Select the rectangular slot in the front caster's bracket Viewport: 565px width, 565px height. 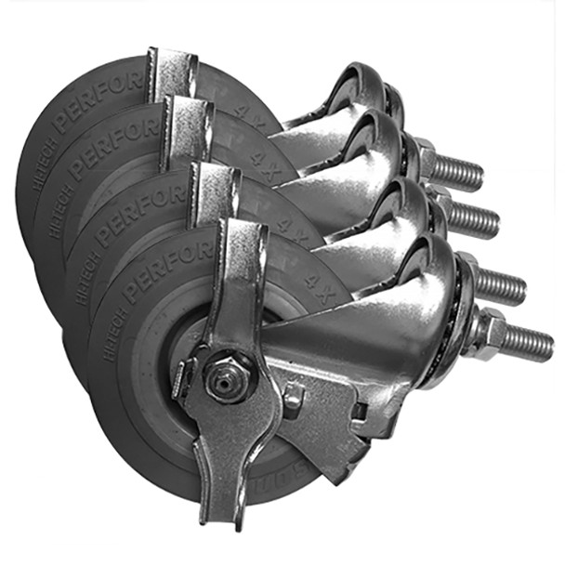pyautogui.click(x=357, y=408)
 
